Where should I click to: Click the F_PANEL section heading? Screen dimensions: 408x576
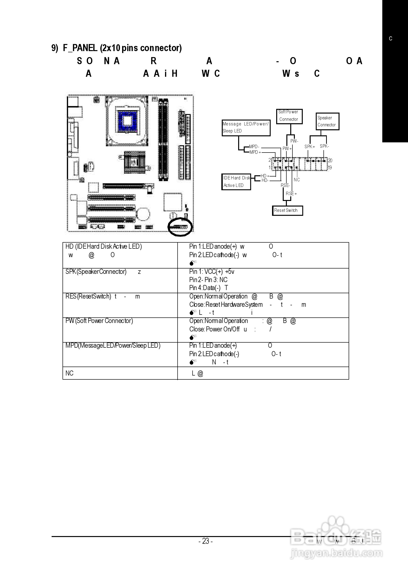click(117, 48)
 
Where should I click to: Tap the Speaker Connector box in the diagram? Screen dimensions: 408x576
click(327, 121)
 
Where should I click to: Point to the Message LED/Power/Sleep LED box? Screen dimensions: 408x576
click(246, 128)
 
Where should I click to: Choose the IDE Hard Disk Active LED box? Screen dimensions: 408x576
click(236, 182)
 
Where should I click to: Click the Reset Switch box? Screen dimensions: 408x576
click(287, 210)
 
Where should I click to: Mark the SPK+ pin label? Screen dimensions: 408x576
click(310, 146)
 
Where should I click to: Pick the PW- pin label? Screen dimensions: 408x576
click(294, 141)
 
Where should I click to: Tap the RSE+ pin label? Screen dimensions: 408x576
click(291, 194)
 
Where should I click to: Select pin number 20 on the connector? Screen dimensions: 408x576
click(330, 161)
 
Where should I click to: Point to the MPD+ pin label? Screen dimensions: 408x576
click(255, 152)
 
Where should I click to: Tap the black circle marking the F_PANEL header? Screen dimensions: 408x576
click(180, 227)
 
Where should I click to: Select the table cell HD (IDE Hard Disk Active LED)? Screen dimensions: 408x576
click(103, 246)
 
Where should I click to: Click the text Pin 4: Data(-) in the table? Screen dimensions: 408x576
click(205, 288)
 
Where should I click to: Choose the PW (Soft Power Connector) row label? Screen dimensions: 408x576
click(99, 321)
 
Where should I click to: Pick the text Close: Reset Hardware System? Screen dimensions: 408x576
click(226, 305)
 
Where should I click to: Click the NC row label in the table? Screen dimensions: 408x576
click(69, 373)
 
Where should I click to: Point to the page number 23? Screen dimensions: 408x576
click(205, 541)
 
